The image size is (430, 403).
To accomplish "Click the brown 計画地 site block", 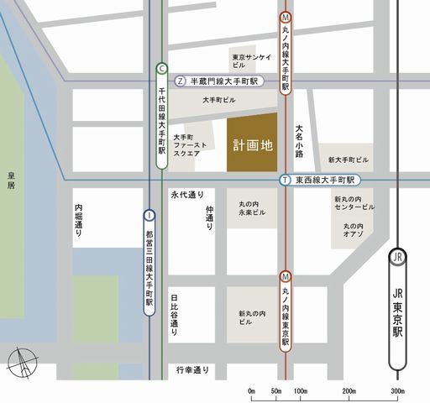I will tap(252, 144).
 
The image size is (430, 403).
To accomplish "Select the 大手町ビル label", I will tap(219, 100).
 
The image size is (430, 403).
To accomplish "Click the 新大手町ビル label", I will tap(349, 160).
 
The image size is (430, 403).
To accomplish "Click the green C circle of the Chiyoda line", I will tap(161, 69).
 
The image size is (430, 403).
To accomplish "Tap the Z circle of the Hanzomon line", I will tap(181, 81).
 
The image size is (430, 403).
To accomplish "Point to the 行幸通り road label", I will tap(192, 369).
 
